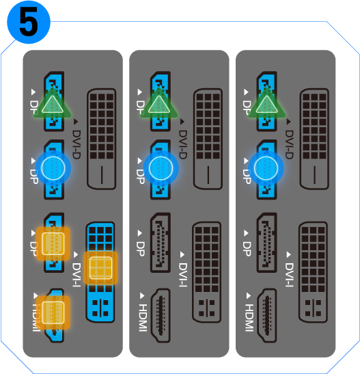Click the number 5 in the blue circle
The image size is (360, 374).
(x=28, y=22)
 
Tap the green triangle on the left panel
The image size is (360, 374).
(x=53, y=105)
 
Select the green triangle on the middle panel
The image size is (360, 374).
(x=158, y=105)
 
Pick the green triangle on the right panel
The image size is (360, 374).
(x=265, y=105)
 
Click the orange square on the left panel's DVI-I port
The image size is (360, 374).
(x=101, y=267)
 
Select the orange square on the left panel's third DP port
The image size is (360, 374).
(x=53, y=243)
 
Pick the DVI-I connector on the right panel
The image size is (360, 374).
(x=314, y=271)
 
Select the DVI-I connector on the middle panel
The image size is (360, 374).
(x=208, y=271)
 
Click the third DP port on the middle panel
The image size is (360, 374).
(x=160, y=243)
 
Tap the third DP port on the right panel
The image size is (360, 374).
(x=266, y=243)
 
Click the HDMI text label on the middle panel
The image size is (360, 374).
(x=143, y=317)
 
